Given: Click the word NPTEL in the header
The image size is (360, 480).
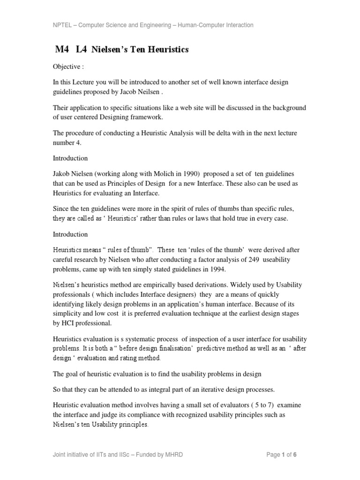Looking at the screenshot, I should tap(62, 25).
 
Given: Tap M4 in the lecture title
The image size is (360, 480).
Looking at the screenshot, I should tap(62, 50).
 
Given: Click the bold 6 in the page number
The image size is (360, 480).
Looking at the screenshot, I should tap(295, 454).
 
